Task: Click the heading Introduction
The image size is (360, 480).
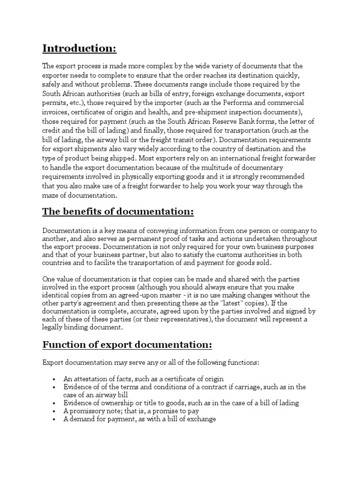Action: pyautogui.click(x=79, y=48)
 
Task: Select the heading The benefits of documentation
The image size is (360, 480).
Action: pyautogui.click(x=118, y=211)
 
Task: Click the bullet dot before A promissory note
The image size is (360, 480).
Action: pyautogui.click(x=55, y=411)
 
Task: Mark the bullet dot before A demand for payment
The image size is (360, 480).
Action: pyautogui.click(x=55, y=419)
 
